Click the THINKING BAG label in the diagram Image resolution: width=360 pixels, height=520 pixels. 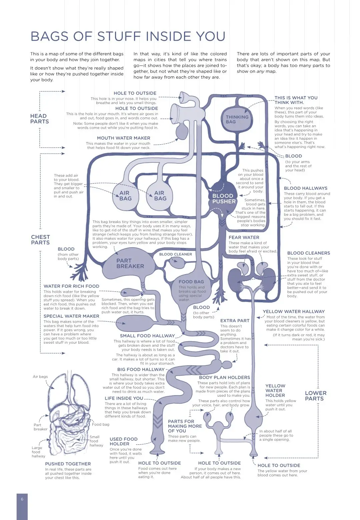(x=237, y=119)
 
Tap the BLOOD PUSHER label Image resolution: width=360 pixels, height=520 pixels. (x=224, y=199)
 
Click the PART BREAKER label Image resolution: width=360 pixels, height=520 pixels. (x=130, y=263)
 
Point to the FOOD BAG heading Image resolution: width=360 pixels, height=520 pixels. (x=191, y=282)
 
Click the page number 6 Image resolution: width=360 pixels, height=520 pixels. (x=22, y=499)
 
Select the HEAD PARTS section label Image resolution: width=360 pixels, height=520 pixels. (x=39, y=119)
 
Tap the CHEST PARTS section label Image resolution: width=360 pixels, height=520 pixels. (x=40, y=240)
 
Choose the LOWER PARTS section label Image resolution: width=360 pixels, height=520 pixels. (x=315, y=396)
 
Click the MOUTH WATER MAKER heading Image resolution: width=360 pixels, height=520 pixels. (x=123, y=138)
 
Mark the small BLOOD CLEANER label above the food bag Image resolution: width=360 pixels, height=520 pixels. (x=175, y=254)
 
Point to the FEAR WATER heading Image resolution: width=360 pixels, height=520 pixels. (x=244, y=237)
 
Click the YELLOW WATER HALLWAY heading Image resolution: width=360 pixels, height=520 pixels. (x=293, y=312)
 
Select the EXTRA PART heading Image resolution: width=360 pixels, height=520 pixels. (x=235, y=321)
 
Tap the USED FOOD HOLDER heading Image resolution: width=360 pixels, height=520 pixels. (x=123, y=441)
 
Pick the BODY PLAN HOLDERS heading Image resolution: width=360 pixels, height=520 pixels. (x=224, y=377)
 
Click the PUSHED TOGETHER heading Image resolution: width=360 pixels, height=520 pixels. (x=68, y=464)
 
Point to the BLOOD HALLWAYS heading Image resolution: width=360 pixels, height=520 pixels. (x=305, y=188)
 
